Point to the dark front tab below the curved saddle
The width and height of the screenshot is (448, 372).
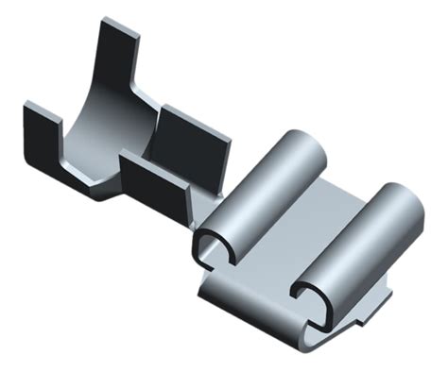(151, 184)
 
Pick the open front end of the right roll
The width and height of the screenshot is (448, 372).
(312, 297)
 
